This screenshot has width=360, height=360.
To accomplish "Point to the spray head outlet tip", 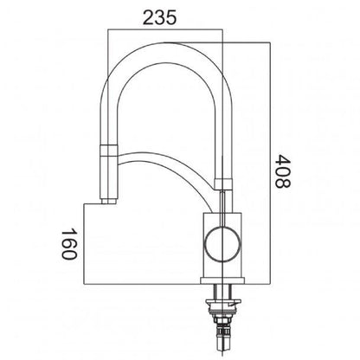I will click(108, 200).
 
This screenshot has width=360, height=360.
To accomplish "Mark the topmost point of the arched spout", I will click(164, 53).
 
